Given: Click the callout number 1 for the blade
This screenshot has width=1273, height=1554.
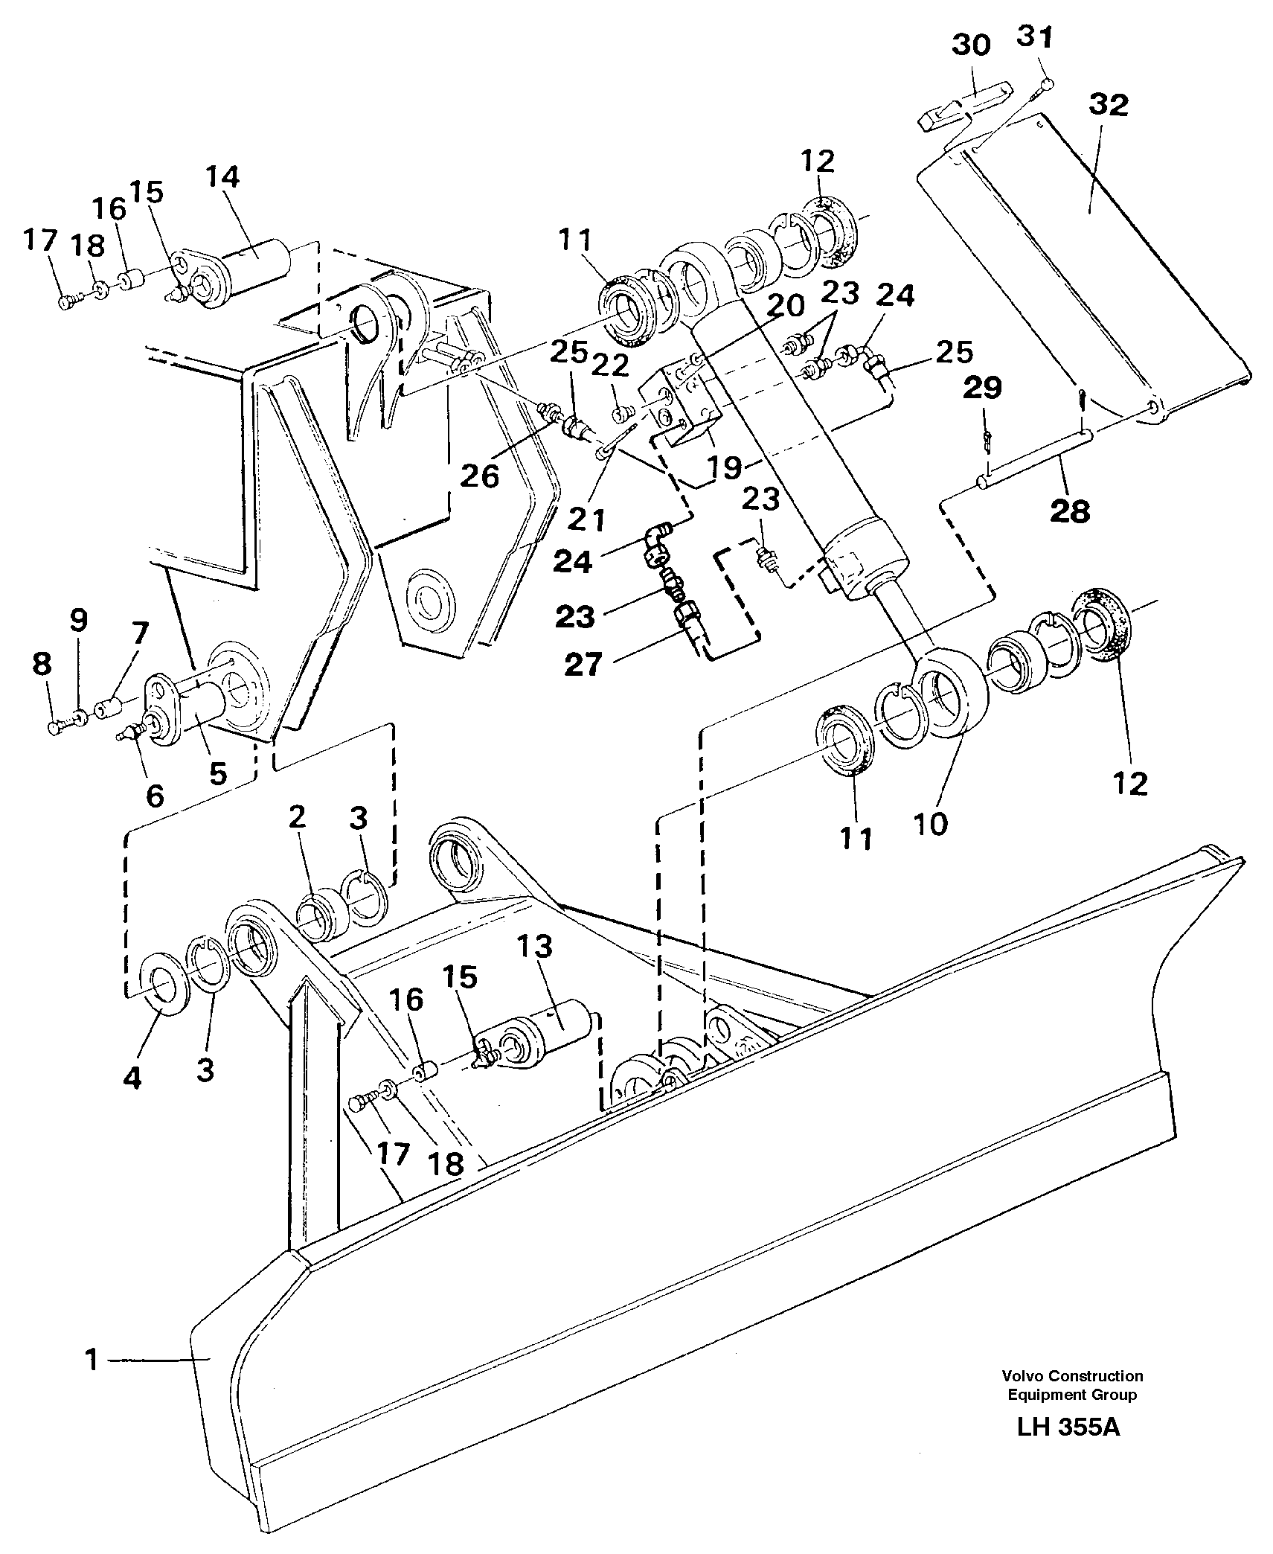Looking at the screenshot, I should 92,1360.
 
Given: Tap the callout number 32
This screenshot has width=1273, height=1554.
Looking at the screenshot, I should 1107,105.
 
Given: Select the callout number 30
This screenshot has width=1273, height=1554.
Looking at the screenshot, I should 971,45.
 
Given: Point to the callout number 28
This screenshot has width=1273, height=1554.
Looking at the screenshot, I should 1070,511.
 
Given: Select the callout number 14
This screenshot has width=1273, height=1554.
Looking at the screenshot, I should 222,177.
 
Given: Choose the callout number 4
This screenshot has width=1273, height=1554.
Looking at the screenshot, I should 132,1077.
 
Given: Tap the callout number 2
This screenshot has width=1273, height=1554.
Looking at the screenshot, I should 296,818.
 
